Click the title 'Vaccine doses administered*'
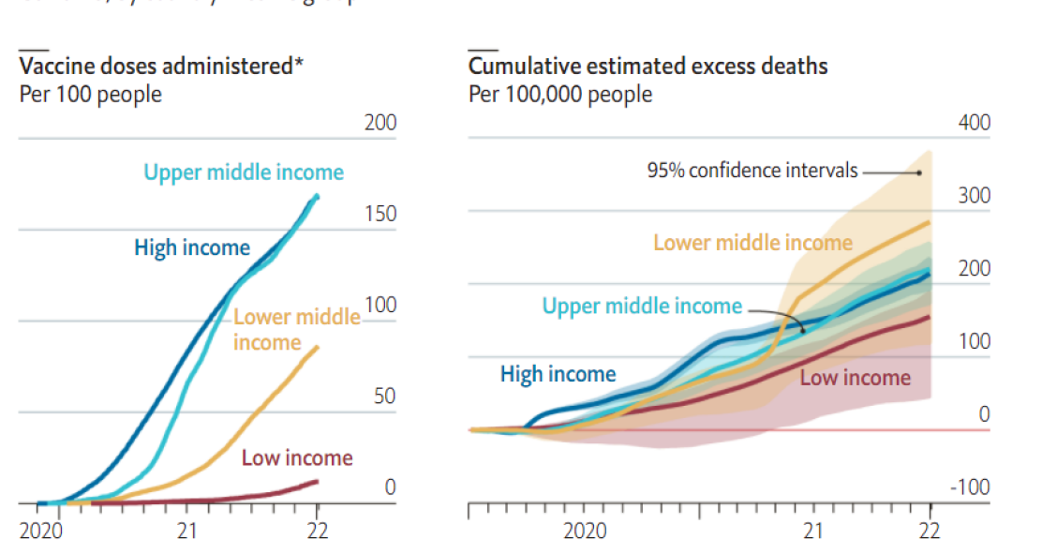coord(162,67)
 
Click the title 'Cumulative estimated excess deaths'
coord(648,67)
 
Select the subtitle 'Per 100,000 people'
coord(560,95)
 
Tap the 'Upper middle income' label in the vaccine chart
coord(244,172)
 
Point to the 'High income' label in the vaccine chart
coord(192,248)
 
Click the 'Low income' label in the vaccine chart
coord(297,458)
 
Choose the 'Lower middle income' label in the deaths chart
coord(752,243)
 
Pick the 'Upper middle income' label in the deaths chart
coord(642,307)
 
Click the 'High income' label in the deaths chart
coord(558,375)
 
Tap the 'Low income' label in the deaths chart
coord(855,378)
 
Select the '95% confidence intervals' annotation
coord(752,171)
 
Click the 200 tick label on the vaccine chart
coord(380,123)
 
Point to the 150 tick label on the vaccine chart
coord(380,214)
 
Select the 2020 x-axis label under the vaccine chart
coord(40,531)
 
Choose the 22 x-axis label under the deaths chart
coord(929,531)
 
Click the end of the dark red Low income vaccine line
coord(317,481)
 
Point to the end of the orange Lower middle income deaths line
coord(929,222)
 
